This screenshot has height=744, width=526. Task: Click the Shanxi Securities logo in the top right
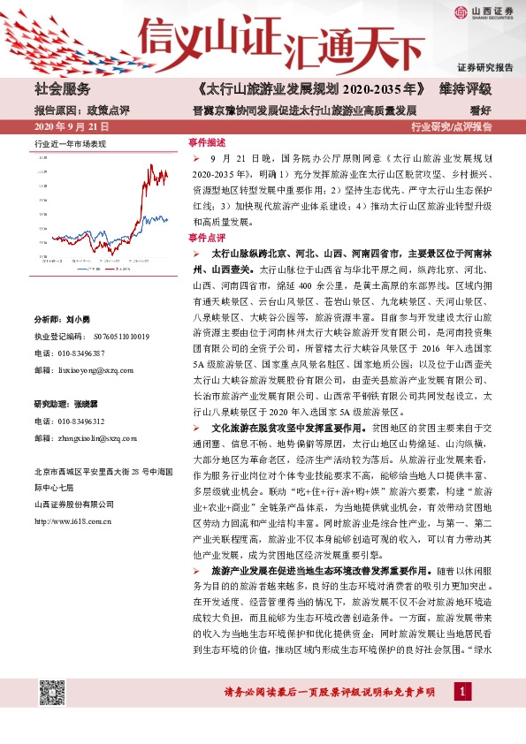pyautogui.click(x=484, y=11)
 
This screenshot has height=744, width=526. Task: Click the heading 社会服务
pyautogui.click(x=62, y=90)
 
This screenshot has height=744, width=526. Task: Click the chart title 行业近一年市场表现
pyautogui.click(x=70, y=142)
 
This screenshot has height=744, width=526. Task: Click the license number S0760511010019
pyautogui.click(x=109, y=337)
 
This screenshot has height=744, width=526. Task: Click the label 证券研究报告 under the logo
pyautogui.click(x=485, y=67)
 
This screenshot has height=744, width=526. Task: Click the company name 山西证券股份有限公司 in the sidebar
pyautogui.click(x=73, y=505)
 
